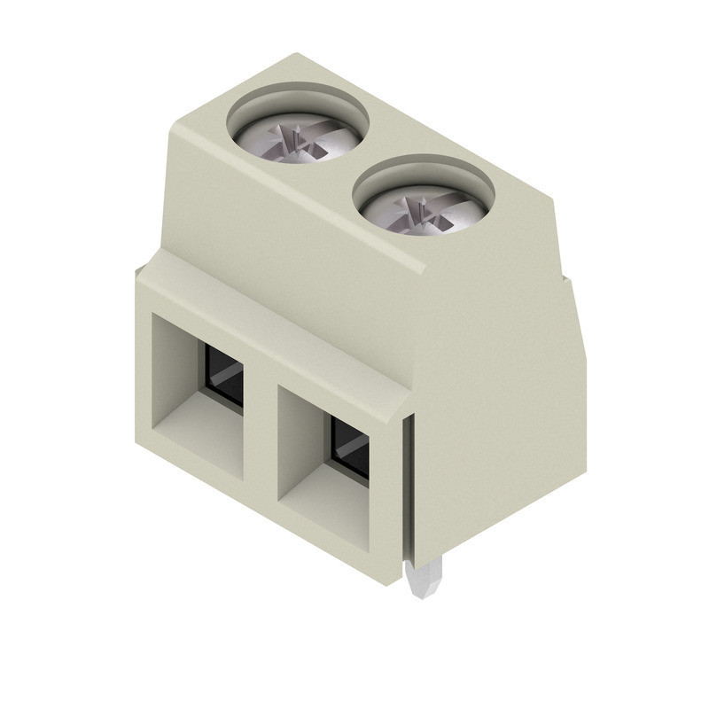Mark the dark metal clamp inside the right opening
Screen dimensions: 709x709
point(350,448)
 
